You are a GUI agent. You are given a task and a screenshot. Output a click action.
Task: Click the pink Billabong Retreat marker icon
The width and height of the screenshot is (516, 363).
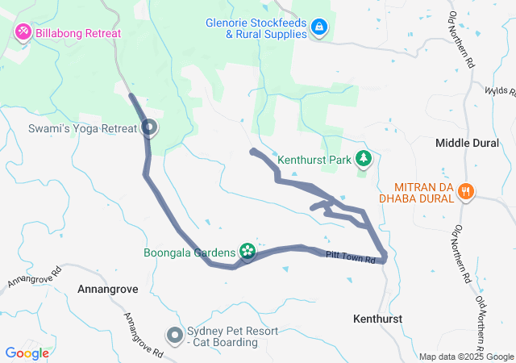pos(22,33)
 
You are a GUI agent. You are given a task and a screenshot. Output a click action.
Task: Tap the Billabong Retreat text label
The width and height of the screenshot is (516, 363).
pos(77,33)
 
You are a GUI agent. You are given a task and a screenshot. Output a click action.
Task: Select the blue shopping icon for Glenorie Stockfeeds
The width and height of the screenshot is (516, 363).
pos(320,28)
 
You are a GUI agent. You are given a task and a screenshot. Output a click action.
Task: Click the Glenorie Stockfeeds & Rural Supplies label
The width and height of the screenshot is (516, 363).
pos(255,28)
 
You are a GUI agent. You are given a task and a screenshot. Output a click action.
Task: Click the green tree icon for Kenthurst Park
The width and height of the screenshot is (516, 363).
pos(364,159)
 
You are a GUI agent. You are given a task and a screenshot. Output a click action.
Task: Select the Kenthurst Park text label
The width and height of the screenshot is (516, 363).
pos(314,160)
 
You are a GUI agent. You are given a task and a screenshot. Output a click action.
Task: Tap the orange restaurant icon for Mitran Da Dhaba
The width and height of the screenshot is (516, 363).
pos(465,191)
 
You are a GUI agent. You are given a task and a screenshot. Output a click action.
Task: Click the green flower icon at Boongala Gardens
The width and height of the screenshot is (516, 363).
pos(248,252)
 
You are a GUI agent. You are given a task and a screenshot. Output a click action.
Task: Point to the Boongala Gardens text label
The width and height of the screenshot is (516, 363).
pos(189,252)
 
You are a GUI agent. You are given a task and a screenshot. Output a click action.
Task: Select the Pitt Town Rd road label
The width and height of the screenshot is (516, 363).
pos(352,257)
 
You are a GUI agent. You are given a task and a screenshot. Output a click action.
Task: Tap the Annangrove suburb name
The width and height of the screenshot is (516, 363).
pos(108,288)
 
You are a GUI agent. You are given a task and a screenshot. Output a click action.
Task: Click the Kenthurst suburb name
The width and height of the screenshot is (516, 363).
pos(377,319)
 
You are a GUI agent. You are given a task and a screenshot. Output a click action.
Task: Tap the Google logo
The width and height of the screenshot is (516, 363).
pos(27,353)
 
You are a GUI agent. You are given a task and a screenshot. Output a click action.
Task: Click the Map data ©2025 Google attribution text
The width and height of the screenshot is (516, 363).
pos(466,357)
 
